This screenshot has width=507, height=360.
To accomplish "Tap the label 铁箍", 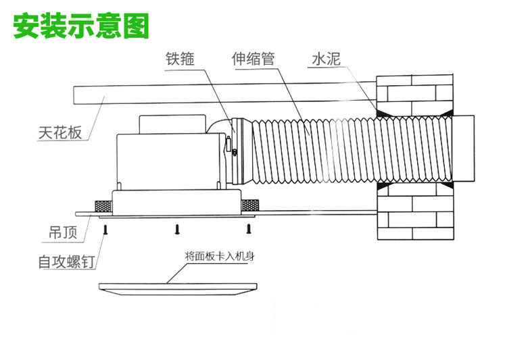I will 180,59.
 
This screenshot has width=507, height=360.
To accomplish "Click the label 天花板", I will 60,132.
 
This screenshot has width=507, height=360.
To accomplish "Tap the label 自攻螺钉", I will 66,261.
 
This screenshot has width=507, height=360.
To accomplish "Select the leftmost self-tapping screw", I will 105,230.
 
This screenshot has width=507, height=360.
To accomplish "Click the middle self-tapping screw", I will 176,230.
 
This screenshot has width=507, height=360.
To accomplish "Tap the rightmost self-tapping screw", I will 248,230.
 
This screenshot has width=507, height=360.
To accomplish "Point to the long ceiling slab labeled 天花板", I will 203,93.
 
